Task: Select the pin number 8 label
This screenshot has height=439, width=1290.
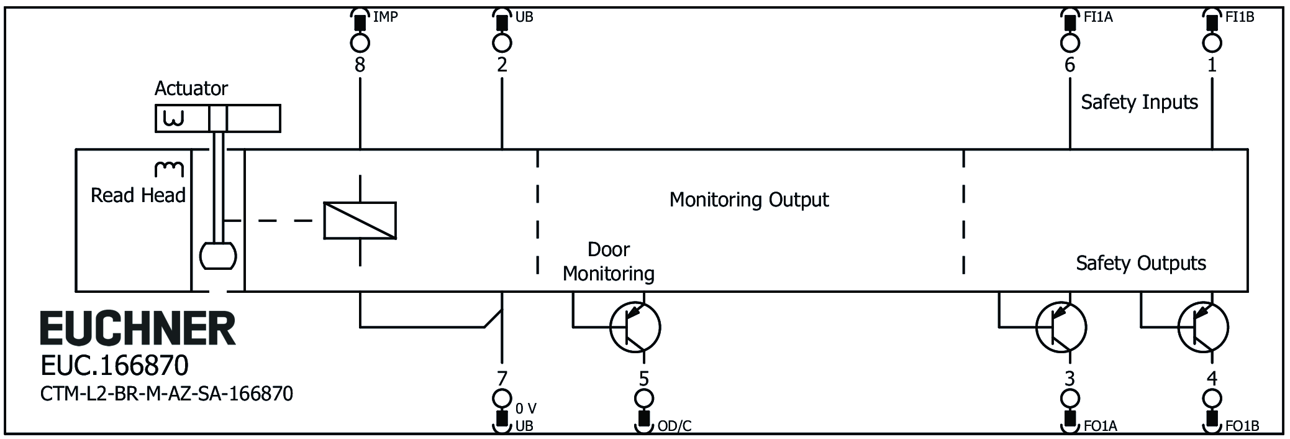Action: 360,65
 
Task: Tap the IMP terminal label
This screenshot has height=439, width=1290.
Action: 385,17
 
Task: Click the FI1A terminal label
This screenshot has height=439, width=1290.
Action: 1098,17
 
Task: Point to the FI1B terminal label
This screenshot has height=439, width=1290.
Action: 1240,17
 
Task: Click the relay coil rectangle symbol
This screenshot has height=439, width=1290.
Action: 360,220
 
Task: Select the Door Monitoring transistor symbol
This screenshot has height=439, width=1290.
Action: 635,327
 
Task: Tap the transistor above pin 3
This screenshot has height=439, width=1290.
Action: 1061,327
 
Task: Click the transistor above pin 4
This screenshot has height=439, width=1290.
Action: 1203,327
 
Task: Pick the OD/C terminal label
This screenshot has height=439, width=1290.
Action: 674,426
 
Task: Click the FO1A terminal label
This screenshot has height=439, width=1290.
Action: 1101,426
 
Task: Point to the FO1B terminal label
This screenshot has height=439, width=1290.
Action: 1242,426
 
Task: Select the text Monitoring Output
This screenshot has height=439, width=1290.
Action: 748,200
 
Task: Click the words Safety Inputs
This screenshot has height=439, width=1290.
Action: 1139,102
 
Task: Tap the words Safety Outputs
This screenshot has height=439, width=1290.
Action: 1140,263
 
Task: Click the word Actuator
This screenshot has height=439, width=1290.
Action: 191,88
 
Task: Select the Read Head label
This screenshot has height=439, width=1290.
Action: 138,195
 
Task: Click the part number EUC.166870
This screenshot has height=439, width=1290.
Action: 114,366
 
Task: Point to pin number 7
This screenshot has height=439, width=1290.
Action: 502,377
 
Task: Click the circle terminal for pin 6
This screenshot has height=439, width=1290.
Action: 1070,43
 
